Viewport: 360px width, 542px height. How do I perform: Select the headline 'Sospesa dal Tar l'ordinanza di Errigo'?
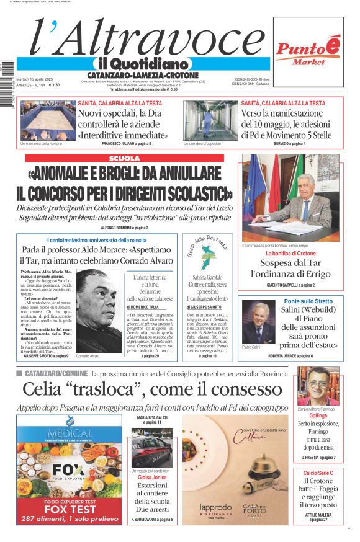[290, 268]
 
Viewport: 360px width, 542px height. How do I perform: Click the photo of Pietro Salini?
[257, 322]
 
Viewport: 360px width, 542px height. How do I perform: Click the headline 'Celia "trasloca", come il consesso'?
[152, 389]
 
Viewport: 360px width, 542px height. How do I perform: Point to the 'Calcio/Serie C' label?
[318, 473]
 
